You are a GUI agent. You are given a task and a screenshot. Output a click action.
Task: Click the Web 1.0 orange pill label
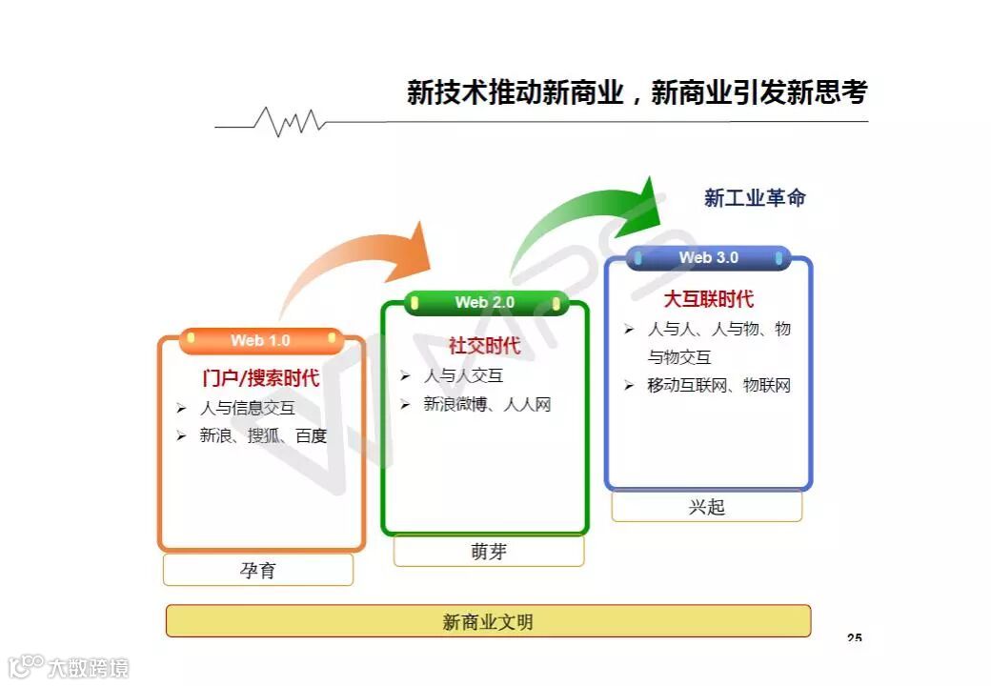click(x=260, y=340)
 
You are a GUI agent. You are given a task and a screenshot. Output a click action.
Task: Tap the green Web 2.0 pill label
click(x=485, y=302)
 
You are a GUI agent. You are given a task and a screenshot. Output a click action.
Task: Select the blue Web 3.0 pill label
click(x=708, y=257)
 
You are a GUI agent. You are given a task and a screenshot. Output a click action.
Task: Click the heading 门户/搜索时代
click(x=260, y=378)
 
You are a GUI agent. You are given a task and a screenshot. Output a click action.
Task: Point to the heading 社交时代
click(x=485, y=346)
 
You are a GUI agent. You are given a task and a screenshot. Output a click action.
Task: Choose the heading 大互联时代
click(x=708, y=299)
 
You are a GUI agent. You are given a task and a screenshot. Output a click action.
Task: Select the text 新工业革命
click(x=755, y=198)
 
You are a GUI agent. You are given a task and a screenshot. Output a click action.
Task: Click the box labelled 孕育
click(x=258, y=570)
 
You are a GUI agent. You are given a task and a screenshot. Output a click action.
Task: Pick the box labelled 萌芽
click(x=489, y=551)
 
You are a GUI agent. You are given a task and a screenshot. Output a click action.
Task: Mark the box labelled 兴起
click(x=707, y=506)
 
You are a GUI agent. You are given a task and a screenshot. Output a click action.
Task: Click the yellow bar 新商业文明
click(x=488, y=621)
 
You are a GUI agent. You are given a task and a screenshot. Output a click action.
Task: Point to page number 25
click(x=854, y=637)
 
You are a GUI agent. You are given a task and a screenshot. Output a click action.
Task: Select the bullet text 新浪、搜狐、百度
click(x=263, y=436)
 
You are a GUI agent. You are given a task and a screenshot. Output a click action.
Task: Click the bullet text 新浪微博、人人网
click(x=487, y=405)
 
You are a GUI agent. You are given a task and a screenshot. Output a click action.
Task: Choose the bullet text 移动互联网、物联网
click(x=718, y=386)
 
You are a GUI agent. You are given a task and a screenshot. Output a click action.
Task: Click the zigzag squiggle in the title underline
click(x=291, y=121)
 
